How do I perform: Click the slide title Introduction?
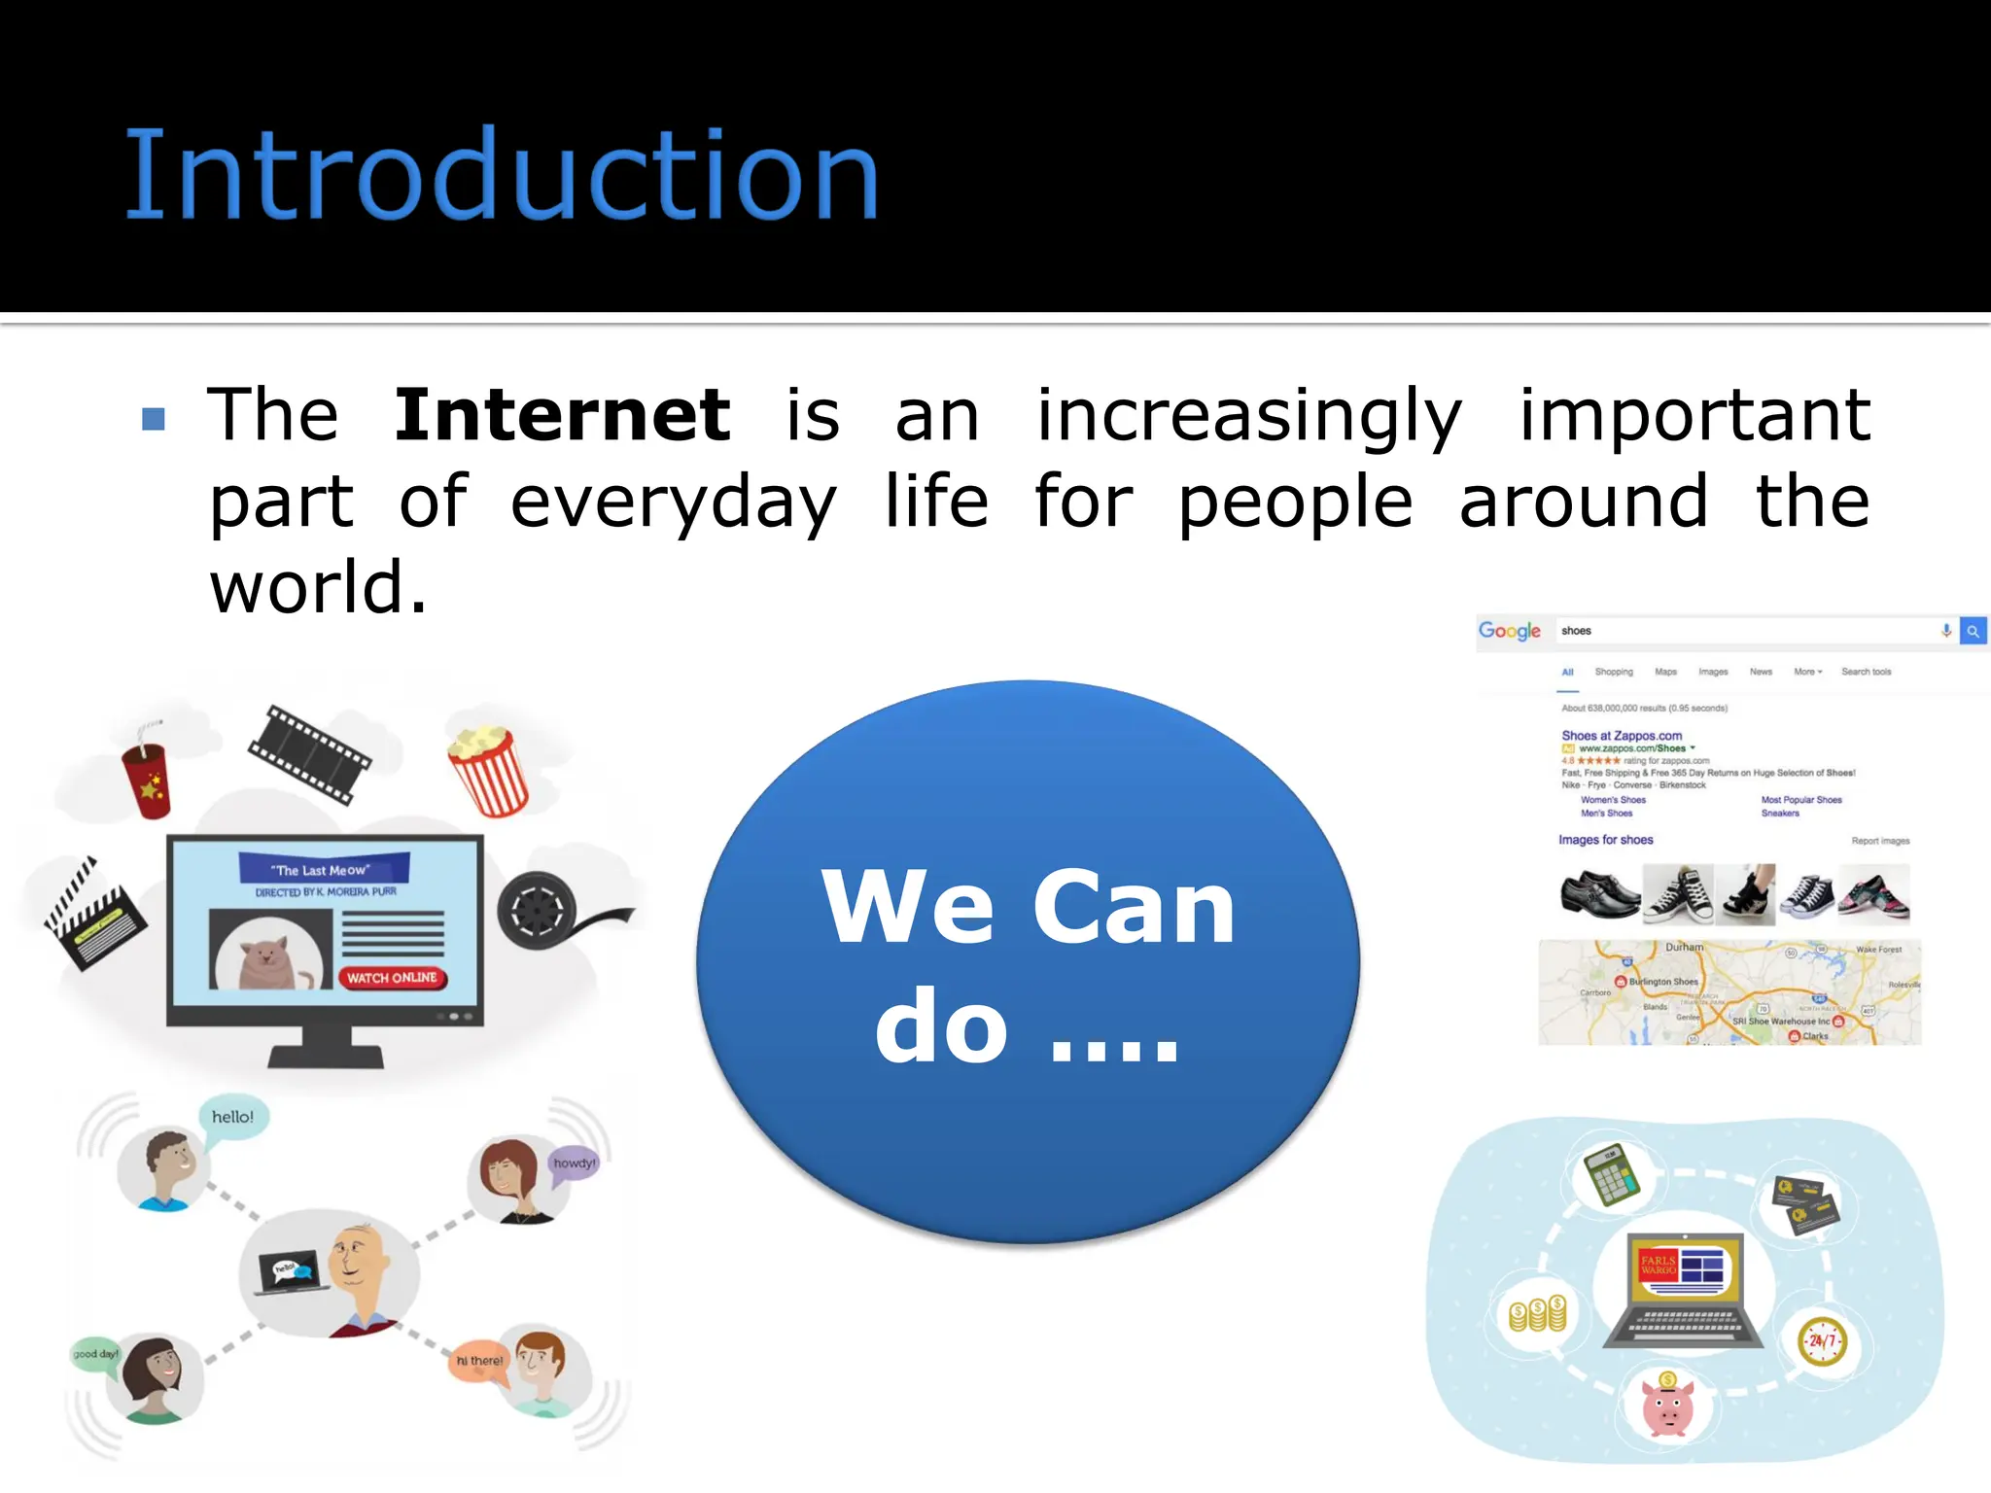point(502,176)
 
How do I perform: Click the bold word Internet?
point(562,416)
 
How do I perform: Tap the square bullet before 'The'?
point(154,419)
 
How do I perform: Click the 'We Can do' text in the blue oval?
point(1028,962)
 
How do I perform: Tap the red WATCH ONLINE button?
point(393,978)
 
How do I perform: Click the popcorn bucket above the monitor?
point(488,771)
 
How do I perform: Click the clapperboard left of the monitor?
point(94,914)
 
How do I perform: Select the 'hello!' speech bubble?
point(233,1118)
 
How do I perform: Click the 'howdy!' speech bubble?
point(574,1163)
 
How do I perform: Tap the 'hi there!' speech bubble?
point(479,1361)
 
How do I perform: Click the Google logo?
point(1509,631)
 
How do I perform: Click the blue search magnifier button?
point(1973,631)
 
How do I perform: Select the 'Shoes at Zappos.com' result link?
point(1622,736)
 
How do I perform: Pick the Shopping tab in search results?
point(1614,672)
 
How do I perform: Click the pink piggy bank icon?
point(1668,1406)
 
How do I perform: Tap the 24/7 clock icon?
point(1822,1341)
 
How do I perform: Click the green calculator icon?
point(1612,1176)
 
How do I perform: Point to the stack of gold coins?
point(1538,1315)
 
